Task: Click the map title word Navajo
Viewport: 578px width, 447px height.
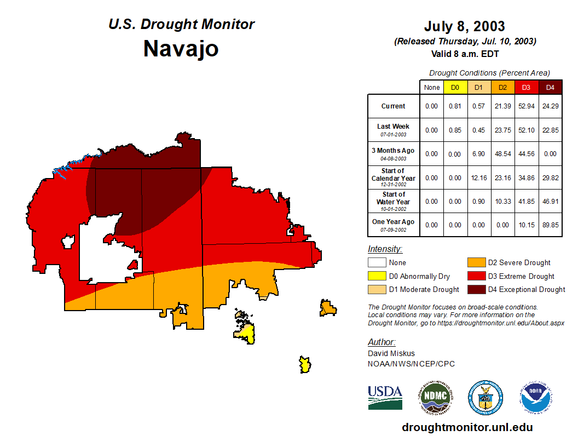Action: pos(181,49)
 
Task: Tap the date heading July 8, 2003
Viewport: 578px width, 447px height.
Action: pos(464,26)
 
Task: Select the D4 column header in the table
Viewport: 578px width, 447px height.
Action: pos(550,88)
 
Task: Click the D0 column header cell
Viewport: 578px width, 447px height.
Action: pos(455,88)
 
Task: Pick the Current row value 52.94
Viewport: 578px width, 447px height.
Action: pos(527,106)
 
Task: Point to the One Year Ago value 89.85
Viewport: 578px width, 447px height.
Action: pos(550,225)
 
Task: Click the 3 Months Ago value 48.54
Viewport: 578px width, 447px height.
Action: pos(502,154)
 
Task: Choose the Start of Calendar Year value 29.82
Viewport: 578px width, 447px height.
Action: pos(550,177)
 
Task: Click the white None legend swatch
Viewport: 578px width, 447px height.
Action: pos(376,263)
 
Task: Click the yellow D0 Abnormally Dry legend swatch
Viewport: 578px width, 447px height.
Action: pos(376,276)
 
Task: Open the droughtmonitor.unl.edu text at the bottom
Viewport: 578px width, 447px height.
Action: pos(467,427)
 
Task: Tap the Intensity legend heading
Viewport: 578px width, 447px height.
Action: pos(385,249)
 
